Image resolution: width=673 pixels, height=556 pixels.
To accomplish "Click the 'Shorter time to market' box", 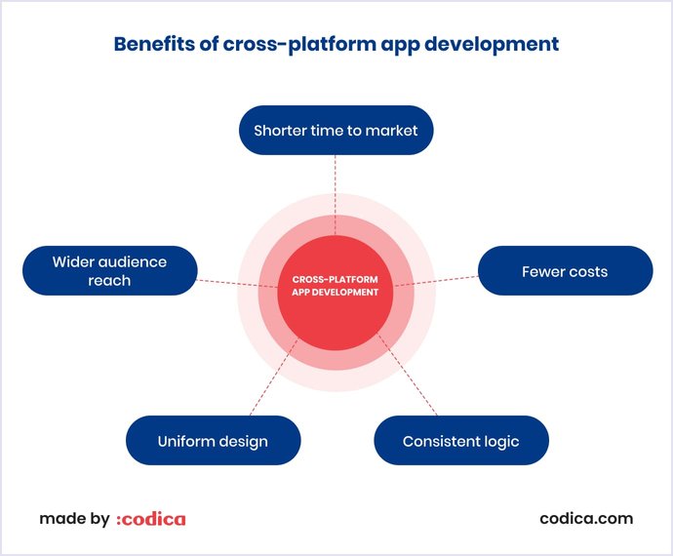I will tap(336, 130).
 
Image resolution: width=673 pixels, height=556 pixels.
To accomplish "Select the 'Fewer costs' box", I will tap(565, 270).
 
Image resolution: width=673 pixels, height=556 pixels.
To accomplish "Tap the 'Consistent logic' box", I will tap(461, 441).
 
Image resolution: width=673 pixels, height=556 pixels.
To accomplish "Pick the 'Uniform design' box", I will tap(213, 441).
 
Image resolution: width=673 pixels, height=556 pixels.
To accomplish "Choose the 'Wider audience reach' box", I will tap(109, 270).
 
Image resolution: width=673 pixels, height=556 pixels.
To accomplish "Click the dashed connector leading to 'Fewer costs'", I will tap(439, 279).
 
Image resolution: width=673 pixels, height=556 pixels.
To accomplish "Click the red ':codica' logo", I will tap(150, 519).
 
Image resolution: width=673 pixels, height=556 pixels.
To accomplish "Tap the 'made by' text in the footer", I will tap(74, 519).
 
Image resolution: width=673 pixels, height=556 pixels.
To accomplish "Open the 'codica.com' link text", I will tap(586, 519).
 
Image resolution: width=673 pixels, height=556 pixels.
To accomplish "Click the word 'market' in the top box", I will tap(391, 130).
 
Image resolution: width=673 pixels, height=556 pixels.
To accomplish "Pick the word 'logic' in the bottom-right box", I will tap(498, 441).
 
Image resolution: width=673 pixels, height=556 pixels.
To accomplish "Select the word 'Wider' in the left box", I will tap(74, 261).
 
